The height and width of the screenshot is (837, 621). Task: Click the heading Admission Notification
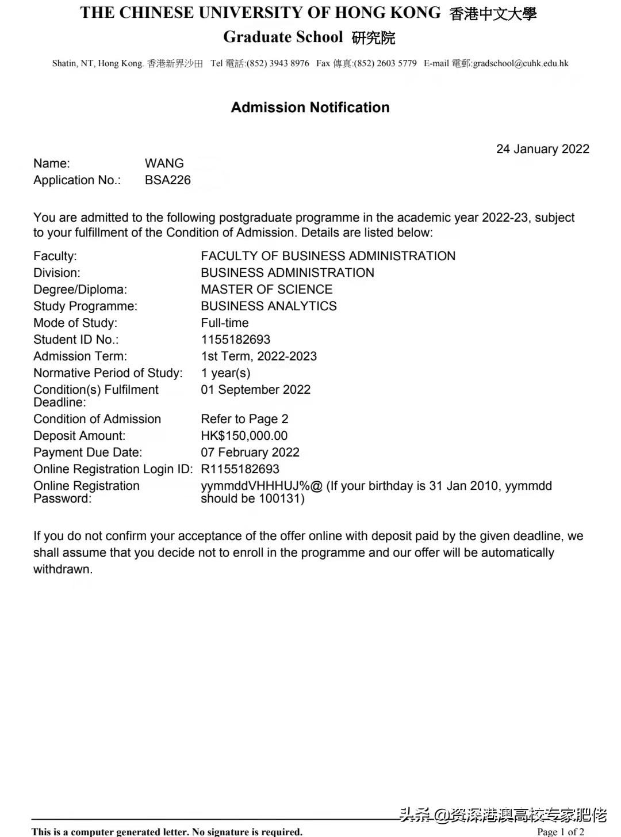click(310, 108)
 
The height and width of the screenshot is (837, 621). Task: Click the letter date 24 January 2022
click(542, 149)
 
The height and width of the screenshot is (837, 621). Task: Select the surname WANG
click(164, 163)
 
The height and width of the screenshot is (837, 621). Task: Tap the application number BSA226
click(167, 180)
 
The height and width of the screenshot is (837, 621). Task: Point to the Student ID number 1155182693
click(235, 340)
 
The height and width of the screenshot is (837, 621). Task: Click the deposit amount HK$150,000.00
click(244, 436)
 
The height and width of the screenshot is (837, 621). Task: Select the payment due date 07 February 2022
click(250, 452)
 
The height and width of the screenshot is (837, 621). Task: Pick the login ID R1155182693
click(240, 469)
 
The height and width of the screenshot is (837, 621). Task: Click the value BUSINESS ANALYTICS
click(269, 306)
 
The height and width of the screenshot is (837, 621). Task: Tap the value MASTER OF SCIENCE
click(266, 290)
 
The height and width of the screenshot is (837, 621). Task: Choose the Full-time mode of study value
click(224, 323)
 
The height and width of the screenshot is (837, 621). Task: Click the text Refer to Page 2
click(244, 419)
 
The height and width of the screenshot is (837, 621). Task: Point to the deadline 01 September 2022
click(255, 390)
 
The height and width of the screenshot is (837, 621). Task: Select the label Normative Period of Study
click(108, 373)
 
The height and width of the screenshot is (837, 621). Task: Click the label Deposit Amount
click(79, 436)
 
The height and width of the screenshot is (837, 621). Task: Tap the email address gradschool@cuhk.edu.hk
click(520, 63)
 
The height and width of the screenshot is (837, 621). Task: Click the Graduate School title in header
click(283, 37)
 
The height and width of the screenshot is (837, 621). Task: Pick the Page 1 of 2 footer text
click(560, 831)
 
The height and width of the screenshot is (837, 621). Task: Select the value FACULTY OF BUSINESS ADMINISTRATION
click(328, 256)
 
